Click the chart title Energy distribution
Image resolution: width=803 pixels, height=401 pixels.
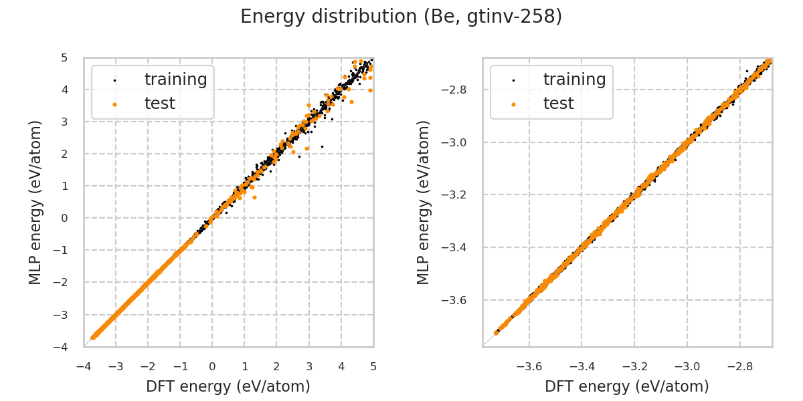tap(401, 17)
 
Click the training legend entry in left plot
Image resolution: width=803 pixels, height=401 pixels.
tap(175, 80)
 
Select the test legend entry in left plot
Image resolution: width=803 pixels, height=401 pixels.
tap(159, 104)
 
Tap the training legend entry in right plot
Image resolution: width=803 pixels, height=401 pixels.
tap(574, 80)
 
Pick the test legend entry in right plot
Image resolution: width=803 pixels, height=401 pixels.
tap(558, 104)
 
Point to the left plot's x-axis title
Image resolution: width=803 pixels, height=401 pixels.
tap(228, 386)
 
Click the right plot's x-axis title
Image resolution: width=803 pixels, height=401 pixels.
tap(627, 386)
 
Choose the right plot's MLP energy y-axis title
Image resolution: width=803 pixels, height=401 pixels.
tap(424, 202)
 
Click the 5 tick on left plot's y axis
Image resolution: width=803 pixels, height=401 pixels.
tap(64, 57)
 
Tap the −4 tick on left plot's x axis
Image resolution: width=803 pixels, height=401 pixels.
tap(84, 366)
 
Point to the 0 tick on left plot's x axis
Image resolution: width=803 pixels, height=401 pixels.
tap(212, 366)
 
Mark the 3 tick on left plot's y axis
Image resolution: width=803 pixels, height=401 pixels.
tap(64, 122)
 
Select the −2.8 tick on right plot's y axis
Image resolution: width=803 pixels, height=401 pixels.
tap(457, 90)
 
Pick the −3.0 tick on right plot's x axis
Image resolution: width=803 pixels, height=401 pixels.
tap(687, 366)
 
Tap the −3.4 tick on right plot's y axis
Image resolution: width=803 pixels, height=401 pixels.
tap(457, 247)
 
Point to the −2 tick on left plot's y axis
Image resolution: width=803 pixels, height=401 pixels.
tap(62, 282)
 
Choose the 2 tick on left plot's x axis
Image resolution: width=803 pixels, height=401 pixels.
tap(277, 366)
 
